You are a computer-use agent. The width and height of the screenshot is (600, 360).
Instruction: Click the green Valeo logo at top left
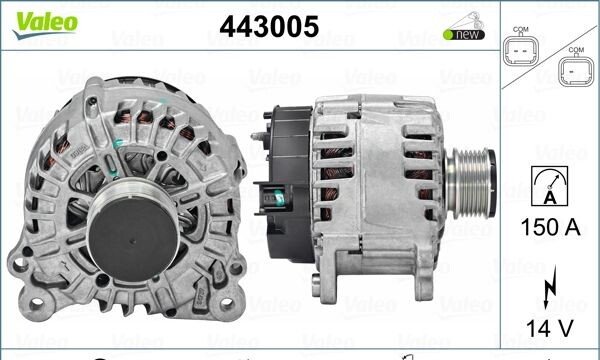(x=45, y=25)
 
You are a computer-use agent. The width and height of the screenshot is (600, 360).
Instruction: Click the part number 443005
(x=269, y=27)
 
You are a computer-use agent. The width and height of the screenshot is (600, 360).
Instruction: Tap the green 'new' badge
(x=464, y=34)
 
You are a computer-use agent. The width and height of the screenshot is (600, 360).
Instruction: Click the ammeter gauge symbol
(x=549, y=186)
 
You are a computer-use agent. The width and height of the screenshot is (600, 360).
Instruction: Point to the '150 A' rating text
(x=550, y=227)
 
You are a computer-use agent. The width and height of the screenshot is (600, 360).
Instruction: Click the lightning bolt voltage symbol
(x=549, y=287)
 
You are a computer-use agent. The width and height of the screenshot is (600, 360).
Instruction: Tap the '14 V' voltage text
(x=550, y=328)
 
